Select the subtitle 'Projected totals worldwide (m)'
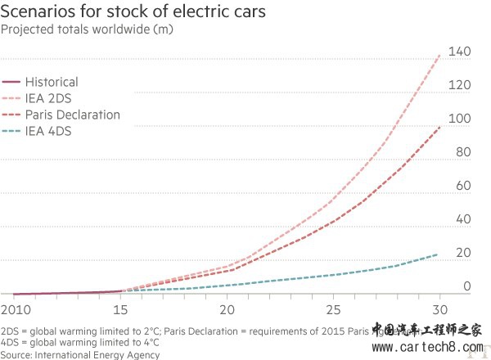(92, 29)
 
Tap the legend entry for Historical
(51, 82)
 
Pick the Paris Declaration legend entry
(72, 115)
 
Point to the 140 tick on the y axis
(460, 52)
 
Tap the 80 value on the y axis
(463, 153)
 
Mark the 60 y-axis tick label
(463, 187)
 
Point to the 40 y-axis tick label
(463, 220)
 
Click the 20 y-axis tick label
(463, 254)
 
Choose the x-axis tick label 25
(334, 311)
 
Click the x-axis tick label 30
(440, 311)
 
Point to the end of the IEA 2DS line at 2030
(440, 56)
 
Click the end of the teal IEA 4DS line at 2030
(438, 254)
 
